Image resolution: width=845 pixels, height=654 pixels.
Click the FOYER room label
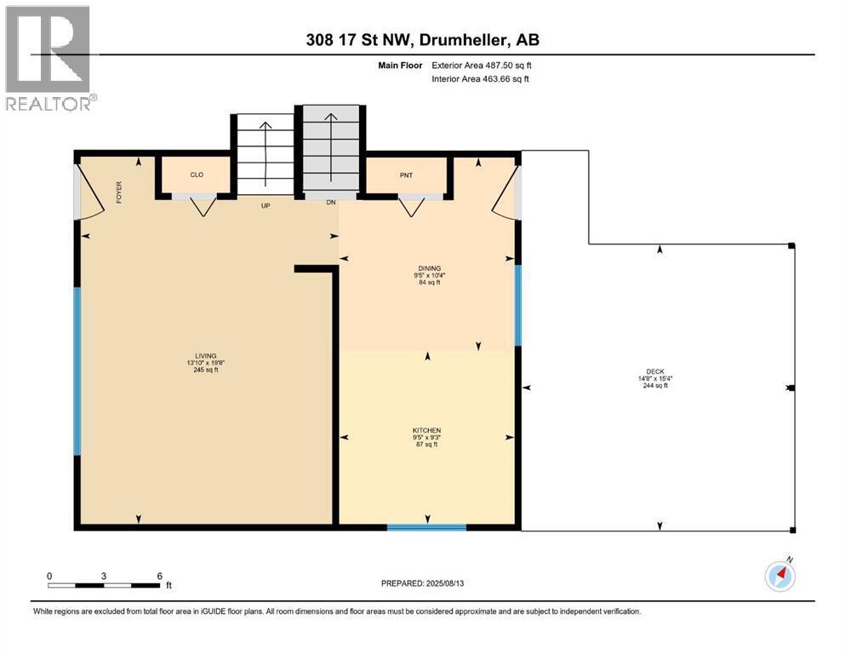pyautogui.click(x=119, y=192)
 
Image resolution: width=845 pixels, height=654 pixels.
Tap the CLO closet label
pyautogui.click(x=197, y=175)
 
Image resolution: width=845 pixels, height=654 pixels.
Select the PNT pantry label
pyautogui.click(x=407, y=175)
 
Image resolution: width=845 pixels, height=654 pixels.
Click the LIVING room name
pyautogui.click(x=206, y=356)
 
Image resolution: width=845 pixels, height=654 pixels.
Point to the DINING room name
pyautogui.click(x=430, y=268)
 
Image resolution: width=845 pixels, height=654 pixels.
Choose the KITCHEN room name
pyautogui.click(x=427, y=430)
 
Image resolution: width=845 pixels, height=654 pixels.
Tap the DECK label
pyautogui.click(x=655, y=371)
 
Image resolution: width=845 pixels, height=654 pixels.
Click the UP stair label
pyautogui.click(x=265, y=205)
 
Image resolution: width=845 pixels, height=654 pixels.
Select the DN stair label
pyautogui.click(x=331, y=202)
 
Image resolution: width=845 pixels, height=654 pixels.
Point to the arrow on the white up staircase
pyautogui.click(x=265, y=153)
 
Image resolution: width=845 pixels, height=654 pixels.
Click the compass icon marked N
pyautogui.click(x=780, y=576)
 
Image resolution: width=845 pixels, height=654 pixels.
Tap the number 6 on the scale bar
pyautogui.click(x=159, y=576)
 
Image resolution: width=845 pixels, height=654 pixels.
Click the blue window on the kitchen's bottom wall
pyautogui.click(x=427, y=527)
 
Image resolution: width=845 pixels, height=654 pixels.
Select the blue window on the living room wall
pyautogui.click(x=77, y=371)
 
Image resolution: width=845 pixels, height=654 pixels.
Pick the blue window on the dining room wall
pyautogui.click(x=518, y=305)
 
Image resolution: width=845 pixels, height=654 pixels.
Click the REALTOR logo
pyautogui.click(x=50, y=58)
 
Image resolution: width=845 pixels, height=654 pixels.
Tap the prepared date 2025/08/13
pyautogui.click(x=444, y=583)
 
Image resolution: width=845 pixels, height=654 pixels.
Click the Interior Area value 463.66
pyautogui.click(x=498, y=78)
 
